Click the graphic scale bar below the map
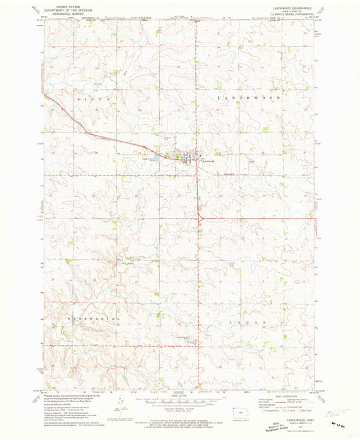179,398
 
